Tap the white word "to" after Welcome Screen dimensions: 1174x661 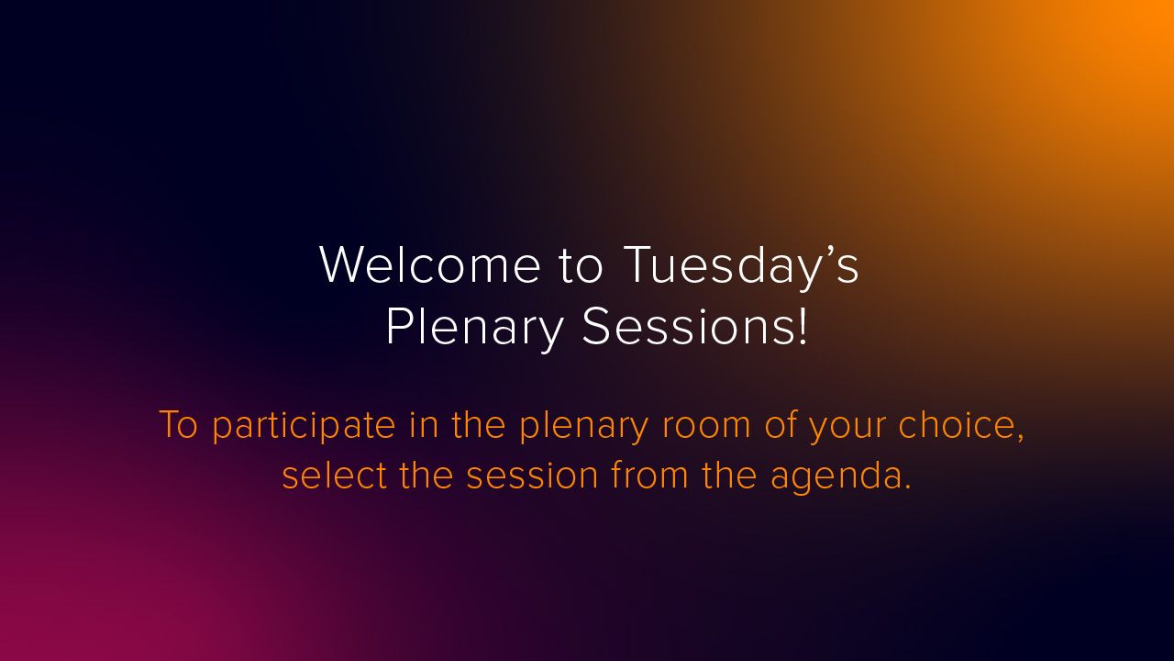coord(581,266)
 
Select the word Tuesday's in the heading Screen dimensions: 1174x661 coord(741,267)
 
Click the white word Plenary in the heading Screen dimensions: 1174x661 coord(474,328)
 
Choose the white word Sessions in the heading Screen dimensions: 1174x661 coord(687,325)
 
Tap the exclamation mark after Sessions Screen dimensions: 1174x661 coord(803,325)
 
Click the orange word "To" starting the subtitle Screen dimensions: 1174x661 coord(178,424)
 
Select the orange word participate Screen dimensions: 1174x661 coord(304,426)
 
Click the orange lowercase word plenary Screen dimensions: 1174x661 coord(584,426)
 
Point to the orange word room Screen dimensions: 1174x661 coord(706,428)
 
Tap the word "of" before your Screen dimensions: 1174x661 coord(780,424)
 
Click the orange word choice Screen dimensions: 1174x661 coord(956,424)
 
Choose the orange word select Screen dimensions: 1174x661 coord(335,475)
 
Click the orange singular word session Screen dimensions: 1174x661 coord(532,476)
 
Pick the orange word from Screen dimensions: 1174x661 coord(650,475)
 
